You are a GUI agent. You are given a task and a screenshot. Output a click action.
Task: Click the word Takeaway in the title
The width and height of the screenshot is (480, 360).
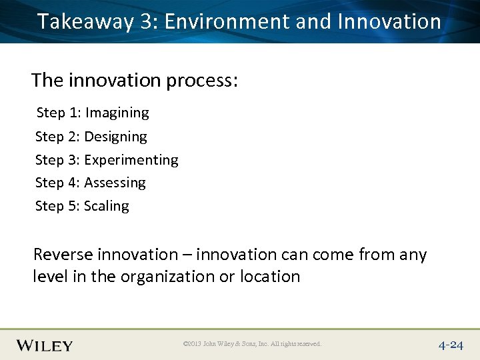point(86,22)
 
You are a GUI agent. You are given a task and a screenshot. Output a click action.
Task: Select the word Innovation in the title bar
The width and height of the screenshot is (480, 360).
point(389,21)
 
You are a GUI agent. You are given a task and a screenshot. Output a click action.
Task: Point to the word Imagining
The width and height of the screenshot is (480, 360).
point(117,113)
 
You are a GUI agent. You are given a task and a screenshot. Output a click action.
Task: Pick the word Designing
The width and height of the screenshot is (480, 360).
point(115,137)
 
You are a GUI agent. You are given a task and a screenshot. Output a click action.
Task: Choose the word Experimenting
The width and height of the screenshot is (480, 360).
point(131,160)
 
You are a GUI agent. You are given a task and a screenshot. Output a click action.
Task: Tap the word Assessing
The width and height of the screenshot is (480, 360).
point(115,183)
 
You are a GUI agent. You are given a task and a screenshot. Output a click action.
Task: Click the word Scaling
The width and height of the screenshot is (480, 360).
point(107,206)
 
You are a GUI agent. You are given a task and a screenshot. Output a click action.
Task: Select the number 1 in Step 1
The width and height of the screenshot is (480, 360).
point(74,113)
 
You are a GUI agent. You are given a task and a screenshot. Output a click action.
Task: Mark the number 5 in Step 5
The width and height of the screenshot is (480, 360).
point(73,206)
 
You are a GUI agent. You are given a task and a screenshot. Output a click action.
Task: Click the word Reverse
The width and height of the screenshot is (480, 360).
point(61,255)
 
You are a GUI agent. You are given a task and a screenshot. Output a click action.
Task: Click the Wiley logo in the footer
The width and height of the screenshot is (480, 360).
point(45,345)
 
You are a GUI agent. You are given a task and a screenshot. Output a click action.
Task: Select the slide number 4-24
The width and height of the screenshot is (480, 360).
point(451,345)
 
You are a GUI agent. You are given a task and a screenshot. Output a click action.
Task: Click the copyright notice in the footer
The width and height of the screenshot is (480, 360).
point(252,344)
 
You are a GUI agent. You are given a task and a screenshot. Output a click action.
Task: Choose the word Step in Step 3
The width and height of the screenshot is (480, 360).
point(49,160)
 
